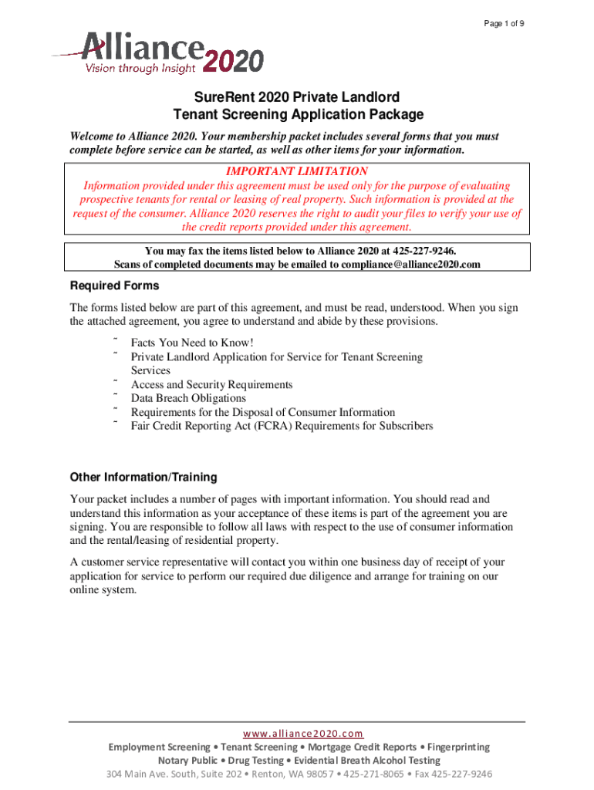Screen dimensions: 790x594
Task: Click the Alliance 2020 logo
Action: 158,53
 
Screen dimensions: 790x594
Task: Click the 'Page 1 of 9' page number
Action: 505,25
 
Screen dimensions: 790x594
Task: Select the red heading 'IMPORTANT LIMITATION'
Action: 297,171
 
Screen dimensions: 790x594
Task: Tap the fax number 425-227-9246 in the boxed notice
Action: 434,251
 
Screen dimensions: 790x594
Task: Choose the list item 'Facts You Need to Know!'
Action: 192,343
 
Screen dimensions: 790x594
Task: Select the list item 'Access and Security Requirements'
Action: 211,384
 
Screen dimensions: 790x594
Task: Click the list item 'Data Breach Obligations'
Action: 188,398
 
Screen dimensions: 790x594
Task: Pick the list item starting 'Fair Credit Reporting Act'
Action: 282,426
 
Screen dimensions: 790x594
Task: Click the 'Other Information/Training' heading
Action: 143,477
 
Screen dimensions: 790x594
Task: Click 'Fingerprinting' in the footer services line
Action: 452,747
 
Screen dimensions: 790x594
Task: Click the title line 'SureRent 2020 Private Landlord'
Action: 297,97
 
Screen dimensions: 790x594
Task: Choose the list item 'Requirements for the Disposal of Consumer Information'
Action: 262,412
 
